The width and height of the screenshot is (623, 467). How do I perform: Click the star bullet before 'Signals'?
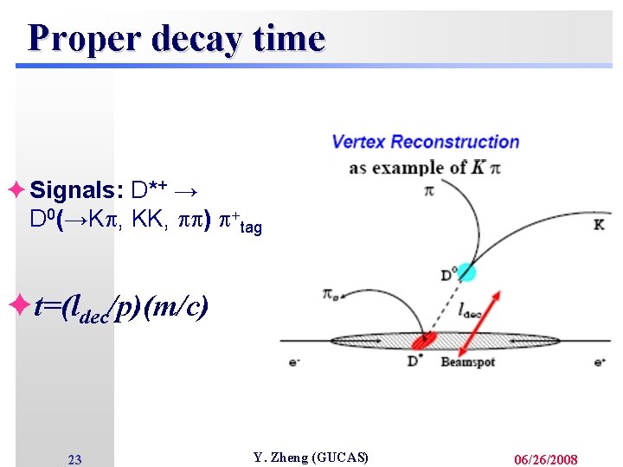[17, 189]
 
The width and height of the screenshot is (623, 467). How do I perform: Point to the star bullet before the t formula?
[18, 305]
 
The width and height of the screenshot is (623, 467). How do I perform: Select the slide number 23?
[74, 459]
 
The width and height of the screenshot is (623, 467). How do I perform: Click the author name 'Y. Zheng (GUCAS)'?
[311, 457]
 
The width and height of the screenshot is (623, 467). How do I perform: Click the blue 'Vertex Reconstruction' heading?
[426, 142]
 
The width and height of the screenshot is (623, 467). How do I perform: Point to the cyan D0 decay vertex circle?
[467, 272]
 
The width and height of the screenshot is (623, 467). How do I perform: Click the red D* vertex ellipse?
[427, 342]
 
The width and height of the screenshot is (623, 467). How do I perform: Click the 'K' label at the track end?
[599, 225]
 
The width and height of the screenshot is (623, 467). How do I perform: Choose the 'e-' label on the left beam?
[293, 362]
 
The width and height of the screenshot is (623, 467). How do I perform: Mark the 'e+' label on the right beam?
[600, 362]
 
